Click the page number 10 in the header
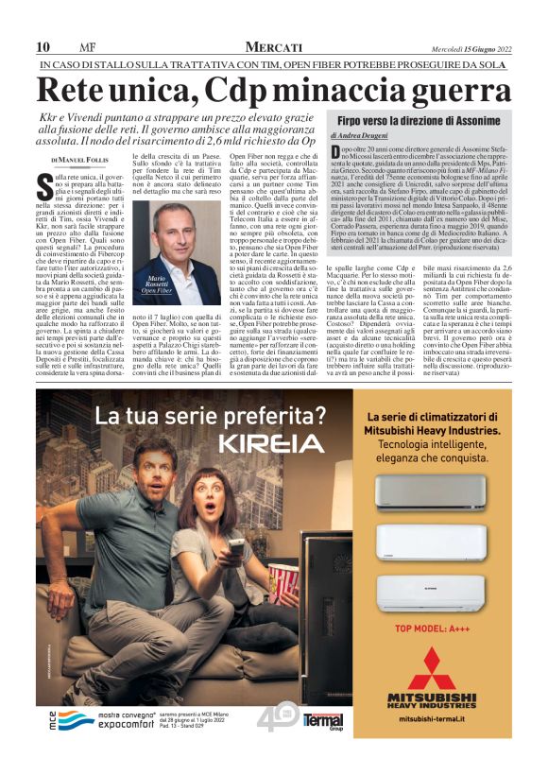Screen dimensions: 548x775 click(43, 47)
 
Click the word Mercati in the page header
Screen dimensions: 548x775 click(273, 46)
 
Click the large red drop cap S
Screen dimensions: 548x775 click(43, 182)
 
